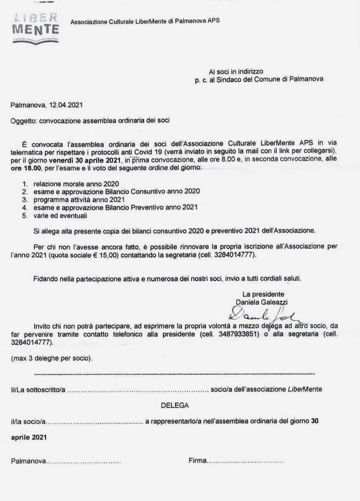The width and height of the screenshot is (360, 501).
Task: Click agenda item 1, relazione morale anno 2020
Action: point(76,184)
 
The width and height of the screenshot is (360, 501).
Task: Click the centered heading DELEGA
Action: point(175,405)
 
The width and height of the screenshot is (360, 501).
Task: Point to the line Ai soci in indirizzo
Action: point(236,71)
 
